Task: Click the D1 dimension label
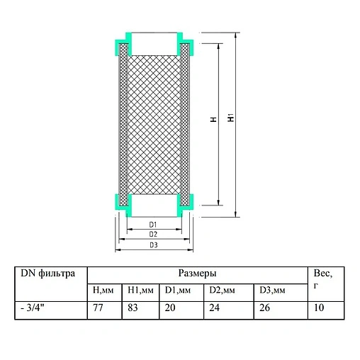coord(152,225)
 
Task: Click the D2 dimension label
coord(152,234)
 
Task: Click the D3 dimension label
coord(152,245)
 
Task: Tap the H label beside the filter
coord(213,120)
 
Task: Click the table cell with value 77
coord(99,309)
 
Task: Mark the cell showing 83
coord(135,309)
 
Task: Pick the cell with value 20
coord(171,309)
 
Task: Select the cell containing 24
coord(214,309)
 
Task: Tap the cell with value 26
coord(264,309)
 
